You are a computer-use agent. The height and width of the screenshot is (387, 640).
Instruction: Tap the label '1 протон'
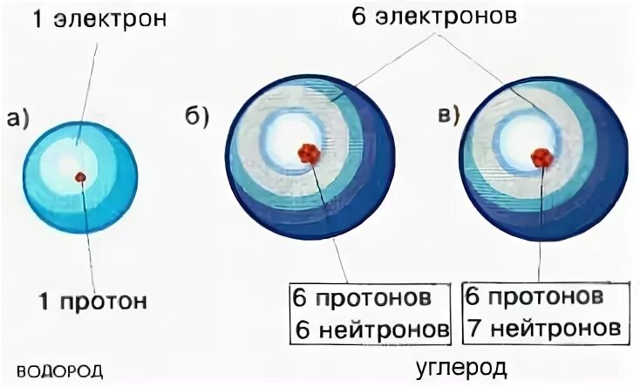(92, 302)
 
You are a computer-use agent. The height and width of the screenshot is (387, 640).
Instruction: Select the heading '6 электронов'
(434, 17)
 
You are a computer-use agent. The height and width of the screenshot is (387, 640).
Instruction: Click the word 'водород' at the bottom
(59, 370)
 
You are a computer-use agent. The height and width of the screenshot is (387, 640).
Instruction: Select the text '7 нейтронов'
(543, 329)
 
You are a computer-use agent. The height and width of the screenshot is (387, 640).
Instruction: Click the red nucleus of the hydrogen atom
(80, 177)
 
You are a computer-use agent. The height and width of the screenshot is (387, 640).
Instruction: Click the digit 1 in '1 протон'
(43, 302)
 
